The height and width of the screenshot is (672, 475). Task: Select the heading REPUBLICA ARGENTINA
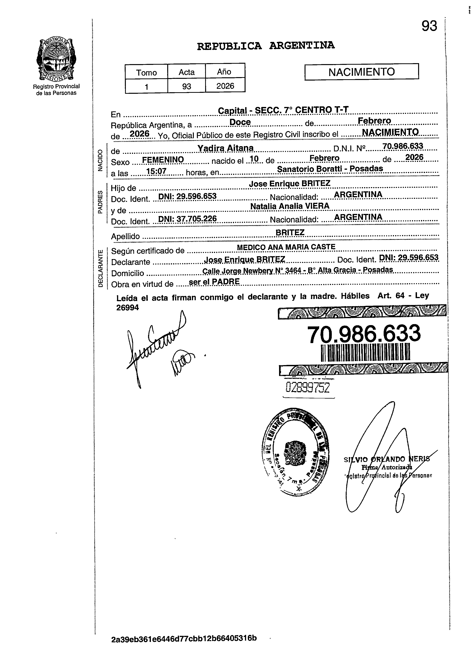[265, 46]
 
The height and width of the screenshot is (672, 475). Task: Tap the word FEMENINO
[163, 160]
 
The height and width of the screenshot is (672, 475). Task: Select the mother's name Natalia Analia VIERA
[290, 206]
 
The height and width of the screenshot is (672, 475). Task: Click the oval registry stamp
[295, 452]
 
